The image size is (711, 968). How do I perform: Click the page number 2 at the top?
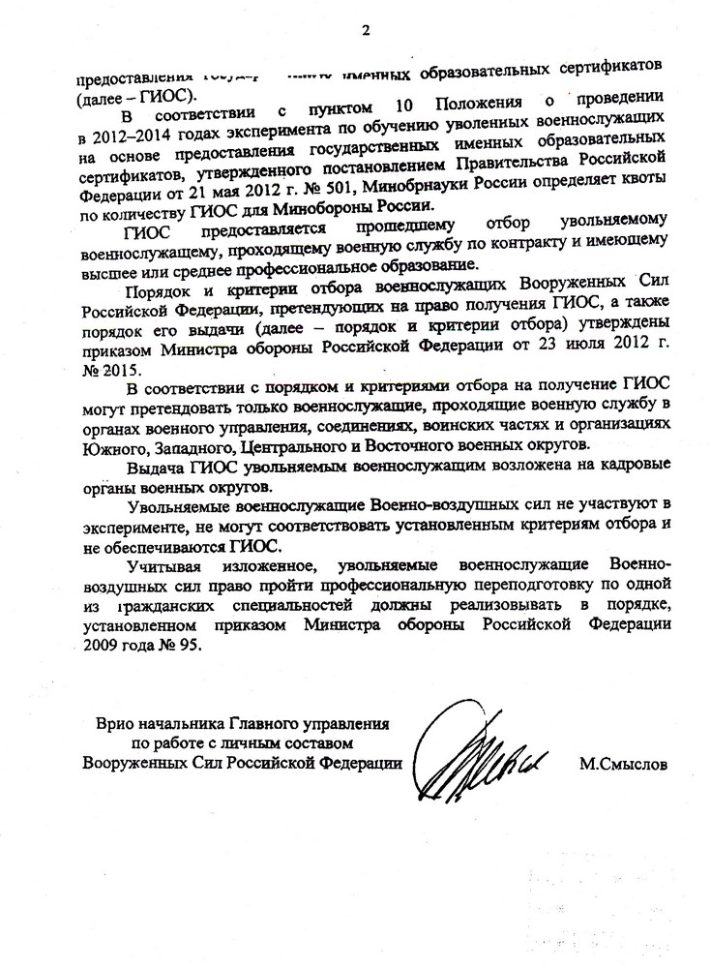(x=366, y=30)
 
